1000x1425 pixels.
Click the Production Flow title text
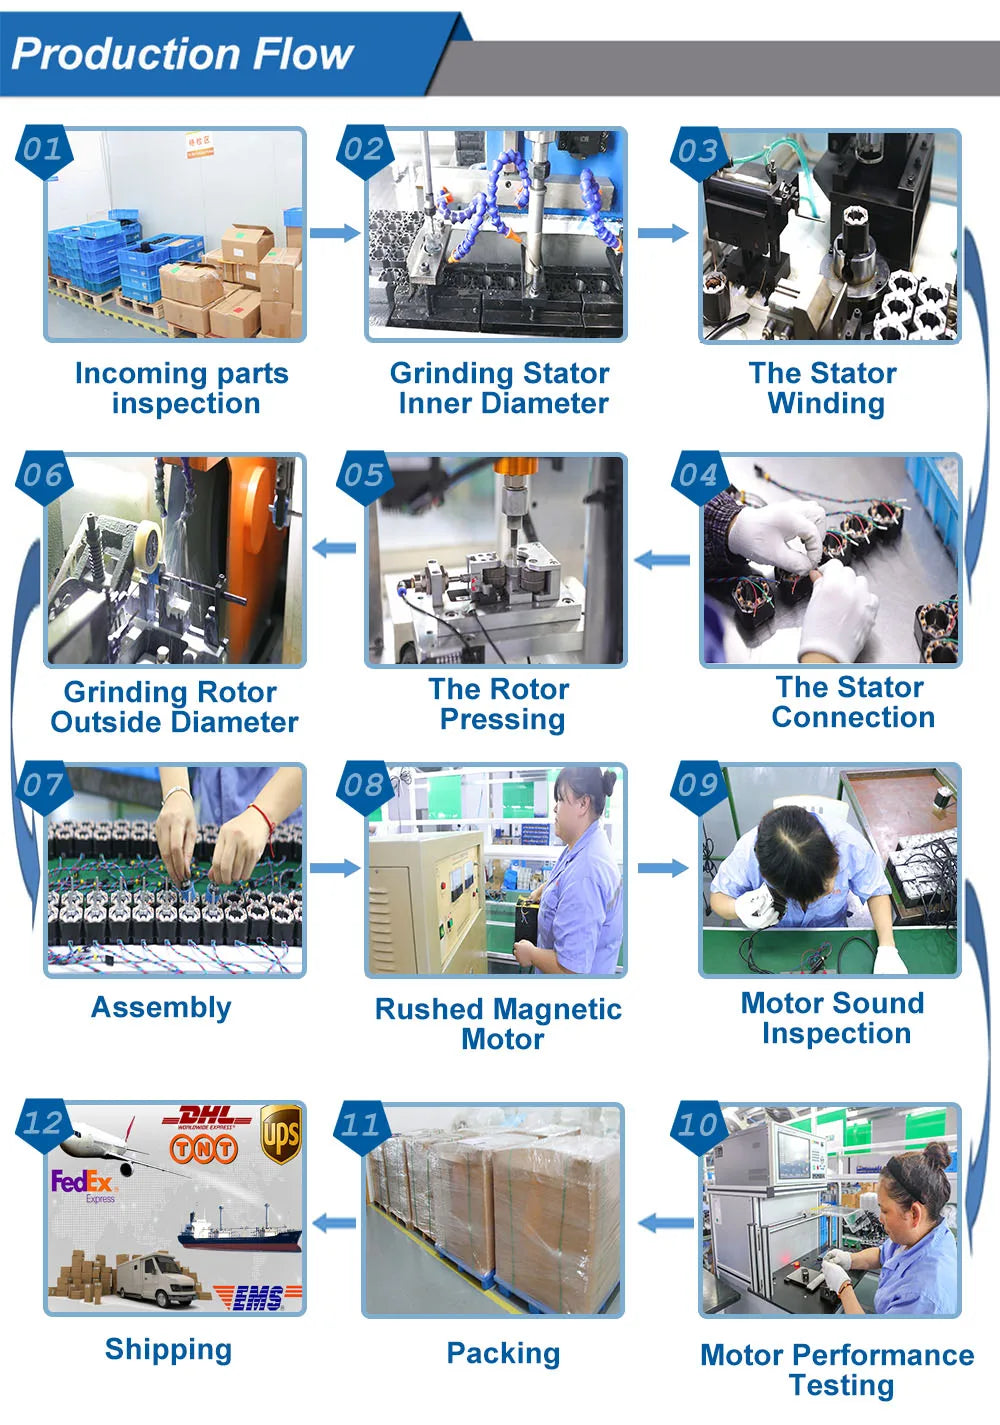(x=182, y=53)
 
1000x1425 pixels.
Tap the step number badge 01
(x=43, y=150)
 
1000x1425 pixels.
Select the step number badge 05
(x=364, y=476)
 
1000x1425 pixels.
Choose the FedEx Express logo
(x=84, y=1186)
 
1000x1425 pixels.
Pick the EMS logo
(x=257, y=1298)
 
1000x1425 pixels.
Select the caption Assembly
(x=161, y=1008)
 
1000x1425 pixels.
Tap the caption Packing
(x=503, y=1353)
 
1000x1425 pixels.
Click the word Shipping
(x=168, y=1349)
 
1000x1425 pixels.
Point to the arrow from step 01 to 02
(x=335, y=232)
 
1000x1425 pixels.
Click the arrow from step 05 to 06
(x=335, y=547)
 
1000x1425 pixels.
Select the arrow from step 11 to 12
(x=335, y=1223)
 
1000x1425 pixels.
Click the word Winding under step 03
(x=826, y=404)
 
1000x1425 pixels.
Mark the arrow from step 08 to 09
(x=663, y=868)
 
